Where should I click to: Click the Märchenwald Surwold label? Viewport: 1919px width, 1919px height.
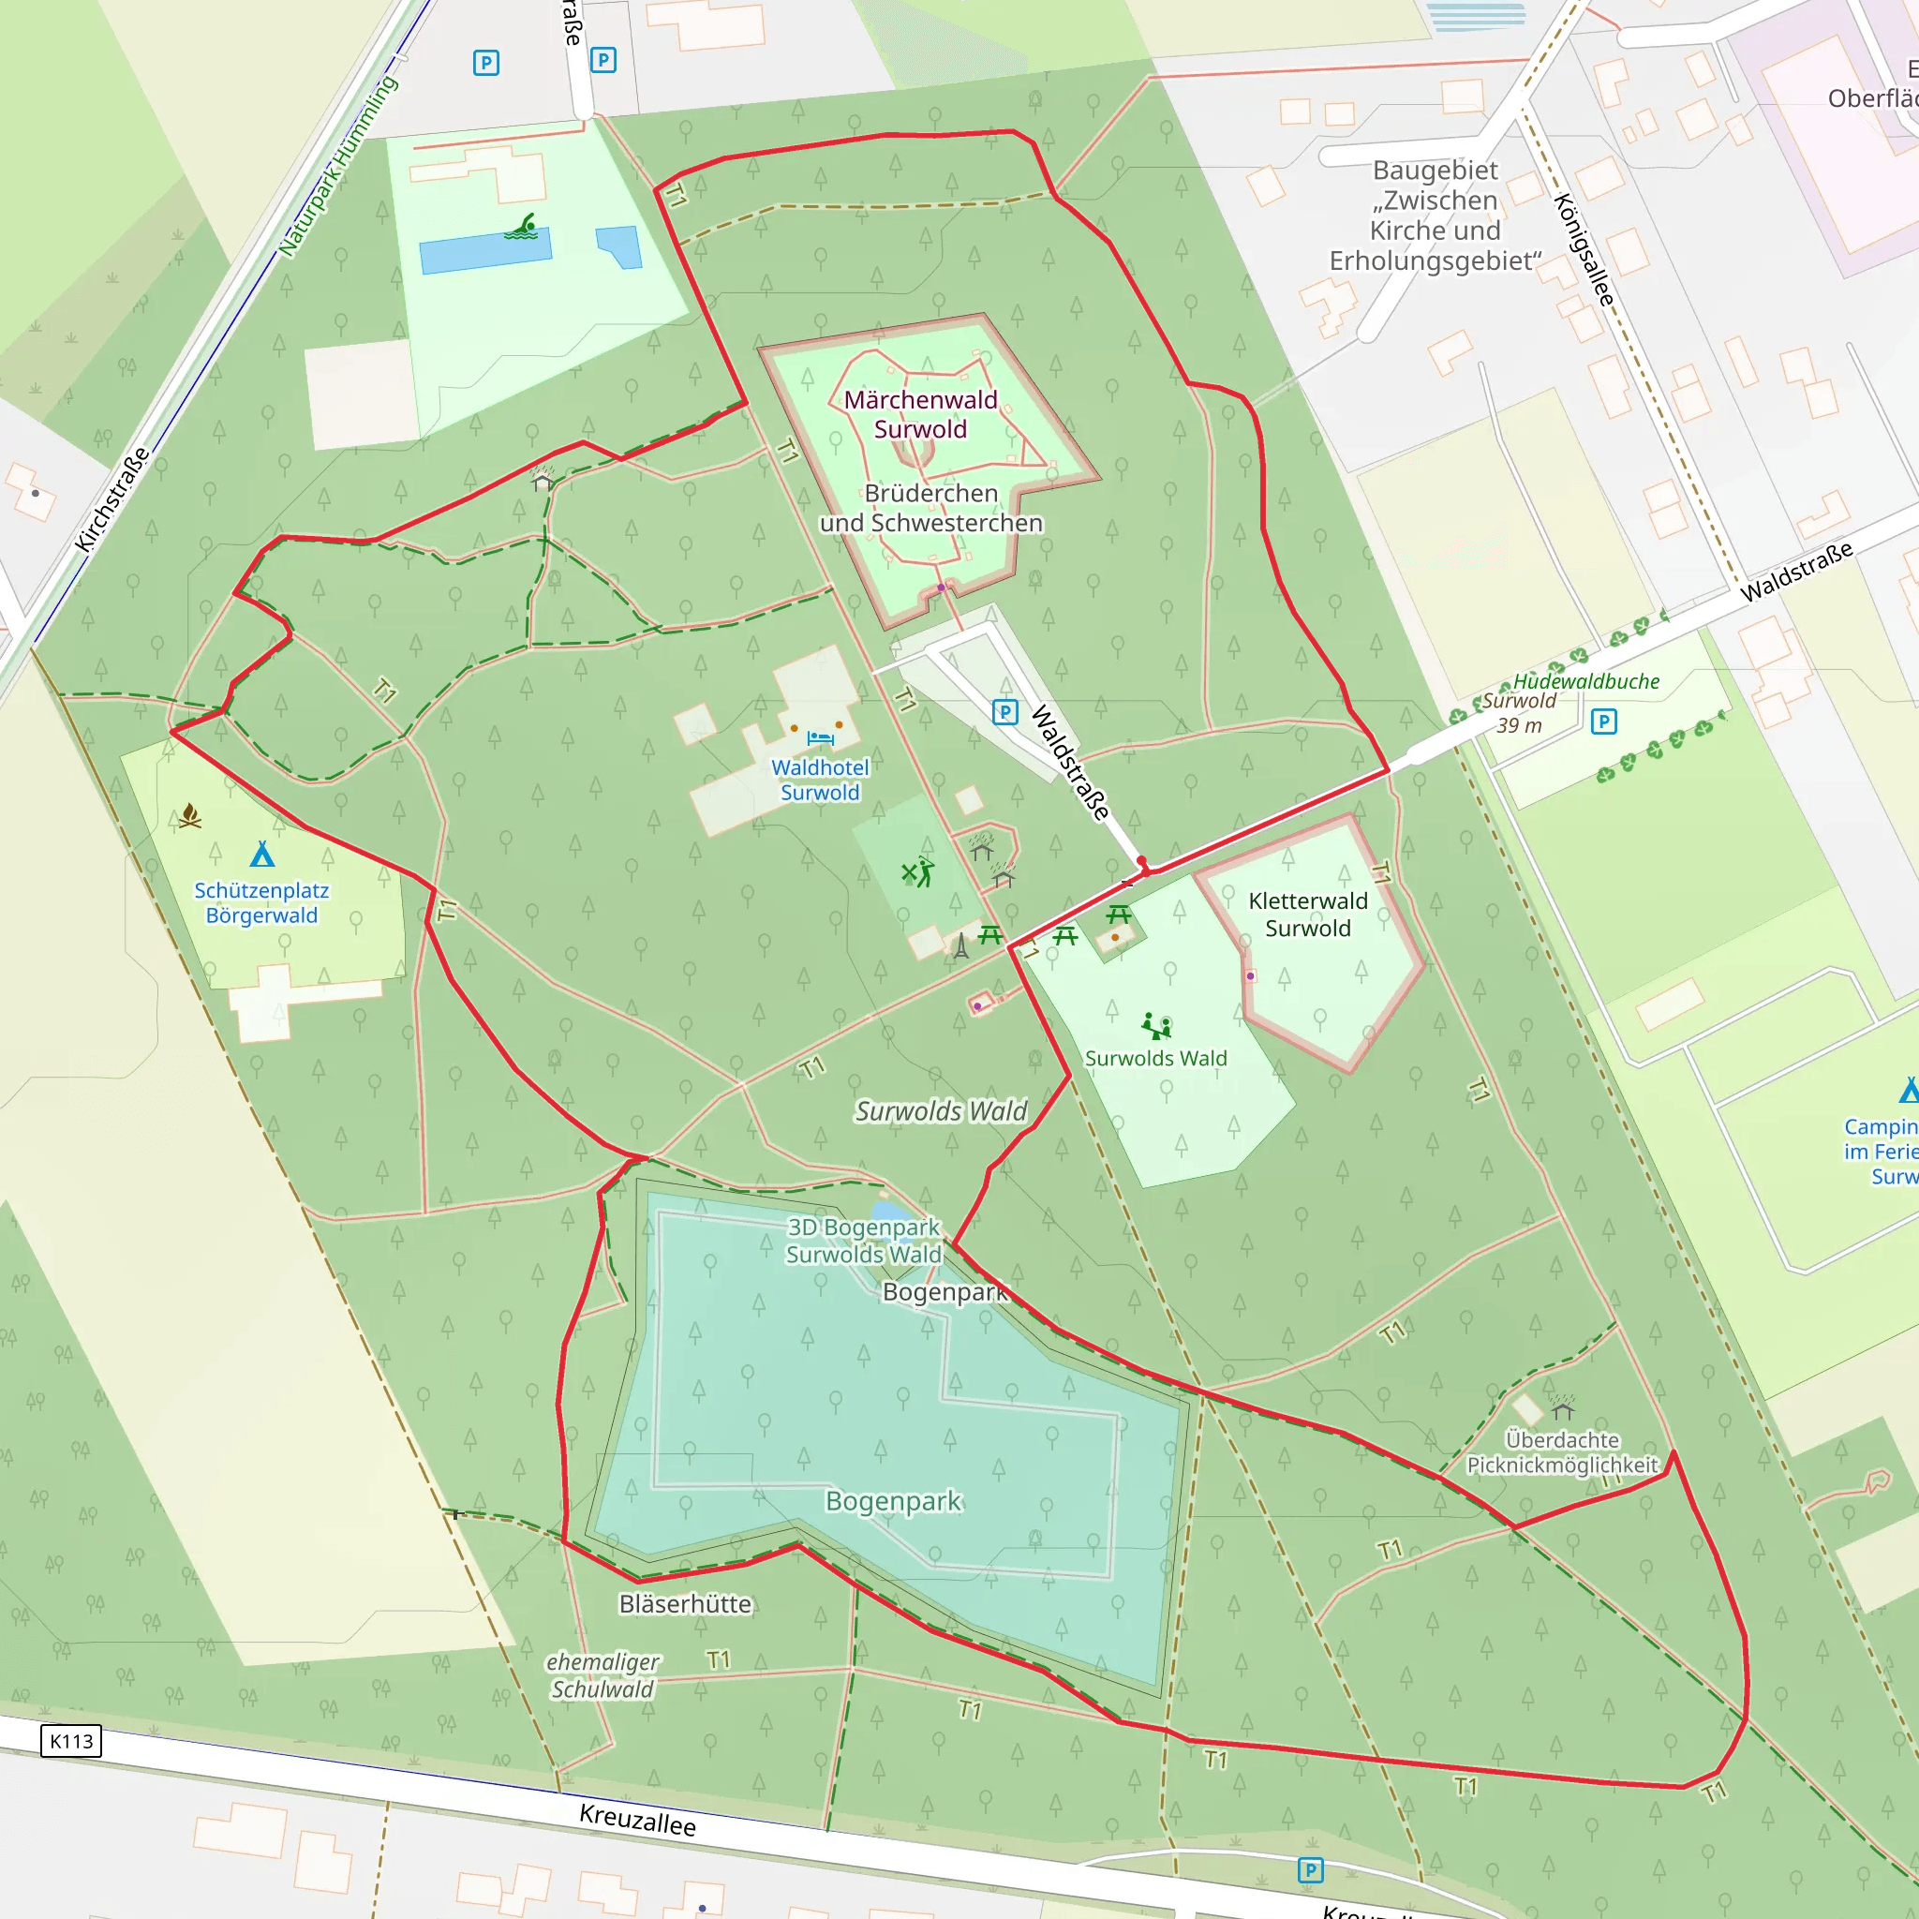pos(920,414)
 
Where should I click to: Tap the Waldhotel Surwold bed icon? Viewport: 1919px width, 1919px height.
pos(821,738)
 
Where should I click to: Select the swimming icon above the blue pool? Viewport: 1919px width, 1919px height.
pos(522,228)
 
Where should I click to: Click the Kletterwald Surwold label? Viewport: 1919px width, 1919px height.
pos(1307,914)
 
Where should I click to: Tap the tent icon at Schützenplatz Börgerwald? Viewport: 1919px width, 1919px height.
pos(262,855)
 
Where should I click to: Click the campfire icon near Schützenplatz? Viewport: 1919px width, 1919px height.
pos(189,816)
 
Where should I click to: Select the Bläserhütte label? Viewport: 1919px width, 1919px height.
pos(685,1604)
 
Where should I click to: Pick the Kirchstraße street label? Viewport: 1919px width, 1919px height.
pos(112,499)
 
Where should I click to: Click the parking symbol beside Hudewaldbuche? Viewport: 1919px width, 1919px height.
pos(1604,721)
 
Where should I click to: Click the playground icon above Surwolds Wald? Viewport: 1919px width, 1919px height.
pos(1156,1025)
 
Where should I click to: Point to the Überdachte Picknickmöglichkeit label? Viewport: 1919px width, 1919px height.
pos(1561,1452)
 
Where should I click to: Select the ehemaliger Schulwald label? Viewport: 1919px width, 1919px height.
pos(602,1675)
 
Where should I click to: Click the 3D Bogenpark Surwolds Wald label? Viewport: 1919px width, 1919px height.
pos(863,1241)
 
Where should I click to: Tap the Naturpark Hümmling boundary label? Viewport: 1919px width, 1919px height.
pos(337,166)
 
